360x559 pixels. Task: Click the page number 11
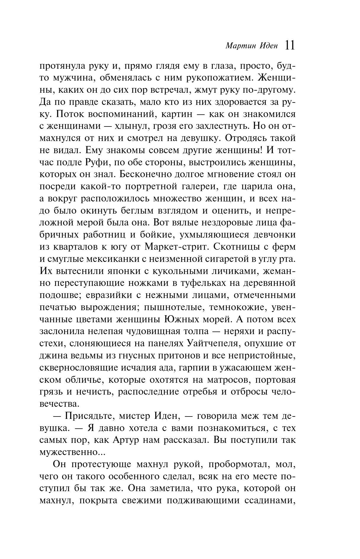[290, 46]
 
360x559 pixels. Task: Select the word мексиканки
[111, 259]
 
